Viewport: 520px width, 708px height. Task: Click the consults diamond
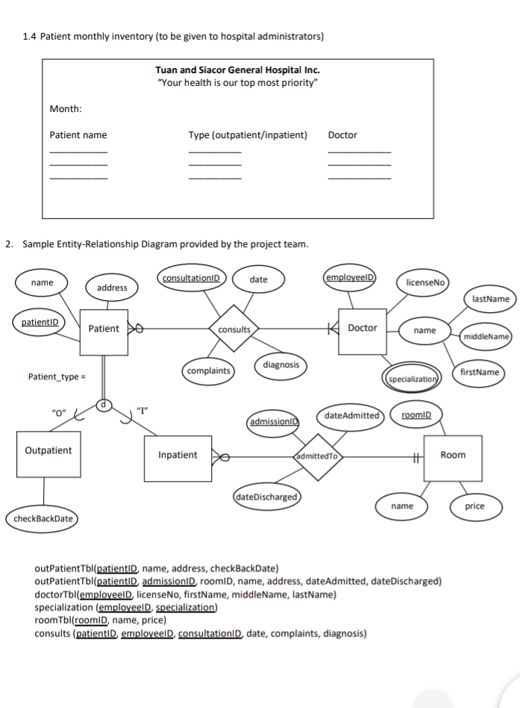pyautogui.click(x=234, y=329)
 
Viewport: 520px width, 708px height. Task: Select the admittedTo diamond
pyautogui.click(x=318, y=456)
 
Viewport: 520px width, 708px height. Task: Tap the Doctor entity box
pyautogui.click(x=362, y=331)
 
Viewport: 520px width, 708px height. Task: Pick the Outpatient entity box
pyautogui.click(x=48, y=454)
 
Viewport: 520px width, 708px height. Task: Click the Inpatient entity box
pyautogui.click(x=178, y=459)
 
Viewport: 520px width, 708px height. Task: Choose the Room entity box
pyautogui.click(x=453, y=458)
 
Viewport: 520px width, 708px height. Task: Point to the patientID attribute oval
pyautogui.click(x=40, y=322)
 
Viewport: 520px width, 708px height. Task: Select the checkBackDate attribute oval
pyautogui.click(x=43, y=518)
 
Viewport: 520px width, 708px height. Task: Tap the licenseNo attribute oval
pyautogui.click(x=425, y=282)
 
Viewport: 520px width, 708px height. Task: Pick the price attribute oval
pyautogui.click(x=475, y=506)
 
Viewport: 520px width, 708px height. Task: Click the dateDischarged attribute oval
pyautogui.click(x=266, y=497)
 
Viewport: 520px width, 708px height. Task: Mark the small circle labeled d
pyautogui.click(x=103, y=405)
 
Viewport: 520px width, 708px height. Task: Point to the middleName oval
pyautogui.click(x=486, y=336)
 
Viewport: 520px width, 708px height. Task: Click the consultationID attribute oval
pyautogui.click(x=191, y=278)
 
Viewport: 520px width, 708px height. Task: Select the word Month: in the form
pyautogui.click(x=66, y=109)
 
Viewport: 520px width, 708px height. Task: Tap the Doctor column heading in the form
pyautogui.click(x=342, y=135)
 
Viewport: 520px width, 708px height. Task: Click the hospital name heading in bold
pyautogui.click(x=238, y=70)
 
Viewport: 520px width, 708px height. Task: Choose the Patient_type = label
pyautogui.click(x=57, y=377)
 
